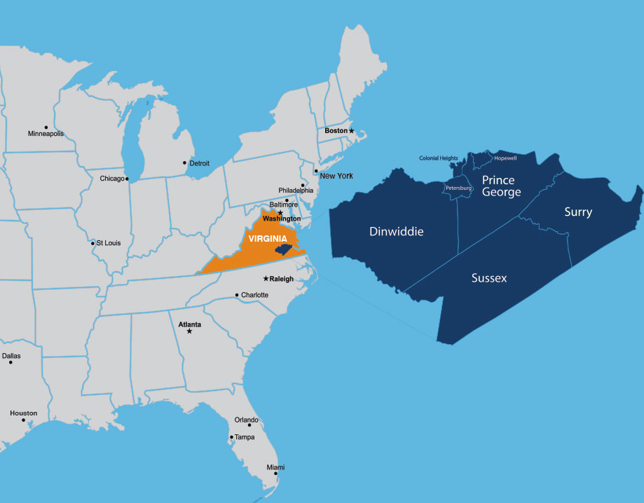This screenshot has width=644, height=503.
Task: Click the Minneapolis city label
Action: pyautogui.click(x=46, y=134)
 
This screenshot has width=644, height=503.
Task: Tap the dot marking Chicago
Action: pyautogui.click(x=127, y=179)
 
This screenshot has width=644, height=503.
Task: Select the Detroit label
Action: pyautogui.click(x=200, y=163)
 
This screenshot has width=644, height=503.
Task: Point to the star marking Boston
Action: pyautogui.click(x=352, y=131)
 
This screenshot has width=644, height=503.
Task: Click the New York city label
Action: pyautogui.click(x=336, y=176)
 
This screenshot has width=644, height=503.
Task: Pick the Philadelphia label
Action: pyautogui.click(x=296, y=191)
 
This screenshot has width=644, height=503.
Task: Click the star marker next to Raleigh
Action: pyautogui.click(x=266, y=279)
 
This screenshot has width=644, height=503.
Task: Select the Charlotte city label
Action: pyautogui.click(x=254, y=295)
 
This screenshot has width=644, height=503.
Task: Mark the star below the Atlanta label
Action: pyautogui.click(x=189, y=331)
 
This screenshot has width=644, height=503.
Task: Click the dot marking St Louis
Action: pyautogui.click(x=93, y=244)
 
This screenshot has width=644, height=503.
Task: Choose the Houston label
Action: pyautogui.click(x=23, y=413)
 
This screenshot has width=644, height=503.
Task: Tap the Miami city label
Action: pyautogui.click(x=275, y=467)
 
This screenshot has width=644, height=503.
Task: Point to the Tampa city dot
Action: pyautogui.click(x=231, y=437)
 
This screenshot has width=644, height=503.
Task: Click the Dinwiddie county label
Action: pyautogui.click(x=397, y=231)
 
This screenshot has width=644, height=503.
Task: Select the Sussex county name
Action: pyautogui.click(x=489, y=278)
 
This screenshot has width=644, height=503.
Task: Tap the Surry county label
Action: pyautogui.click(x=578, y=212)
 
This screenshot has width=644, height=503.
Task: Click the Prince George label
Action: pyautogui.click(x=502, y=186)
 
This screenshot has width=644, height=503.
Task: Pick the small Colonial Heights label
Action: pyautogui.click(x=439, y=158)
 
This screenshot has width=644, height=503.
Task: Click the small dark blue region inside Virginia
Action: pyautogui.click(x=282, y=249)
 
